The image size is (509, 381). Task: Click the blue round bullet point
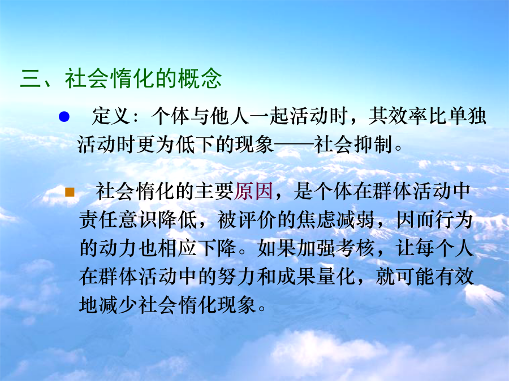tap(64, 117)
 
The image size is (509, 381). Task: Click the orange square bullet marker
tap(70, 192)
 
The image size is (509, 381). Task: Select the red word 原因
tap(253, 191)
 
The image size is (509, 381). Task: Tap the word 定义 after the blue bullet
tap(111, 116)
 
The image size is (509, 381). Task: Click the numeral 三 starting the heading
tap(31, 78)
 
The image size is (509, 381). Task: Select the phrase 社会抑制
tap(353, 144)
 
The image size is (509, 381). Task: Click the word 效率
tap(408, 116)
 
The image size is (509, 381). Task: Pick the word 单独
tap(467, 116)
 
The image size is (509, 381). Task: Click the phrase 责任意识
tap(119, 220)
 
